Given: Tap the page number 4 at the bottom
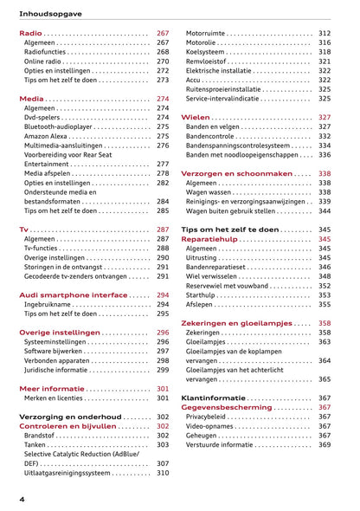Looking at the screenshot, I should [22, 499].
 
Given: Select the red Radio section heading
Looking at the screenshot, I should [30, 33].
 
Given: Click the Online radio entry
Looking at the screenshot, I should [42, 62].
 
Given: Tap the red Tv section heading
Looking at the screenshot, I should [23, 230].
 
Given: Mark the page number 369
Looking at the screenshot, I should [325, 444].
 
